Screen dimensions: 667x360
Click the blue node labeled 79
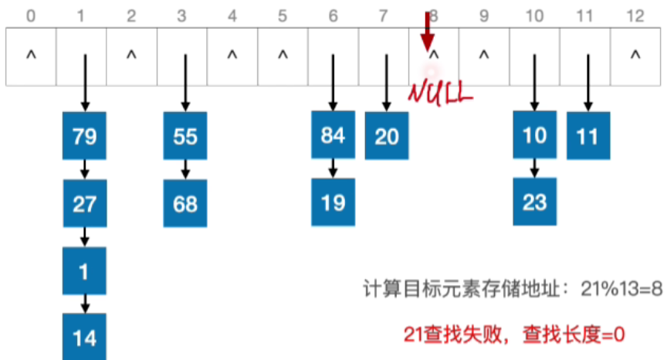click(x=85, y=137)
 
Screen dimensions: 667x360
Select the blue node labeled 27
click(x=85, y=203)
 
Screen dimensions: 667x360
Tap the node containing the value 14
click(x=85, y=338)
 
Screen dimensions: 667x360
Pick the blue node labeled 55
click(x=185, y=137)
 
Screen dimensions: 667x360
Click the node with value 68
click(x=185, y=203)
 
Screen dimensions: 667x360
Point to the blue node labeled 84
click(x=333, y=135)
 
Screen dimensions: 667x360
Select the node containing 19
click(x=333, y=202)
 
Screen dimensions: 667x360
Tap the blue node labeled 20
click(x=386, y=136)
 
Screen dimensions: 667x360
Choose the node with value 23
click(x=534, y=202)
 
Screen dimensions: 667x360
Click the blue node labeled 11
click(x=587, y=136)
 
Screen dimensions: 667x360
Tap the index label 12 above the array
click(x=635, y=14)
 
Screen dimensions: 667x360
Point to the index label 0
click(x=31, y=14)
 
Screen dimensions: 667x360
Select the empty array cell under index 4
click(x=232, y=56)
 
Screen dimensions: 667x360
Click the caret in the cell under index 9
click(x=484, y=56)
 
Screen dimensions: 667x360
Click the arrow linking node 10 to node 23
click(x=534, y=169)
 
